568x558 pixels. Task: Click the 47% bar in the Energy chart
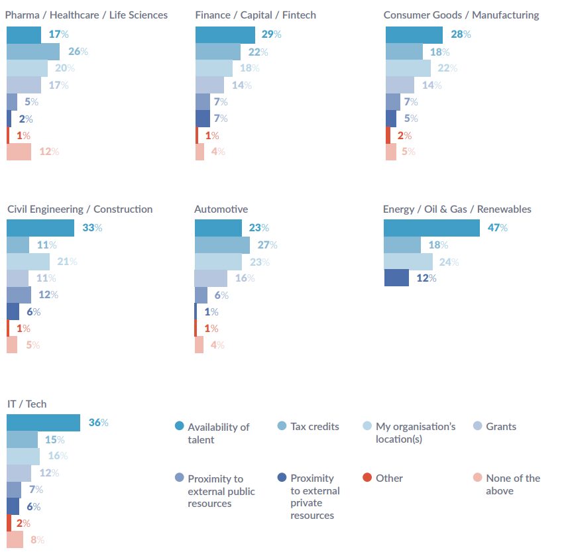(431, 228)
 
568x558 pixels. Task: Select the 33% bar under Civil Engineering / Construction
(40, 228)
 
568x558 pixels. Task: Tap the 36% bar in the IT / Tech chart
(43, 423)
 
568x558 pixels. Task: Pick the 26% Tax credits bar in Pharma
(33, 52)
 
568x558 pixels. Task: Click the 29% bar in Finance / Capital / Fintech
(225, 35)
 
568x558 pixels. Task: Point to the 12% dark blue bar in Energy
(396, 278)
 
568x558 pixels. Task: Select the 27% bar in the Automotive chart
(222, 245)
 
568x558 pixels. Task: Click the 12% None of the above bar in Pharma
(19, 152)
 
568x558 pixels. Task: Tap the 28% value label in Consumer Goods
(461, 34)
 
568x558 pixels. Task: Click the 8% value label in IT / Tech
(37, 540)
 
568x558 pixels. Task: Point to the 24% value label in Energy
(449, 262)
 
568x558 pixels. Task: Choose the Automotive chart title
(221, 209)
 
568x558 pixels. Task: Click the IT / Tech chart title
(27, 404)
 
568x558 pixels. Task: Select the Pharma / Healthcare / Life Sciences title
(86, 15)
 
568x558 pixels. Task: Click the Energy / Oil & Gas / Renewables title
(457, 209)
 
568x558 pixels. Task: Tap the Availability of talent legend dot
(179, 427)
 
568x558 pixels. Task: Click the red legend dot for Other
(367, 478)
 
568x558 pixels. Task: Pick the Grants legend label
(500, 427)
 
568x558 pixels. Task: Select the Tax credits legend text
(314, 427)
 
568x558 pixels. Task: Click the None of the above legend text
(512, 484)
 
